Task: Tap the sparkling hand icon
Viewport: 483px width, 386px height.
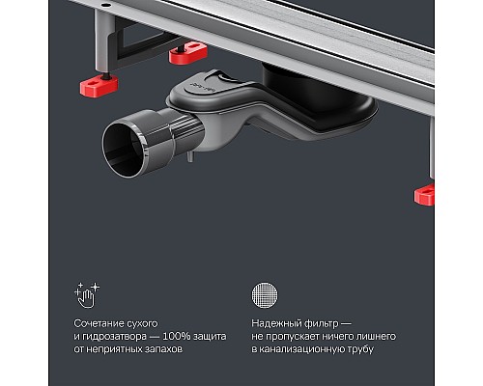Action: click(x=87, y=295)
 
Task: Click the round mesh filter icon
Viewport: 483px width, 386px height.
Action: click(x=265, y=295)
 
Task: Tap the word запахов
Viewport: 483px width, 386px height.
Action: click(x=164, y=349)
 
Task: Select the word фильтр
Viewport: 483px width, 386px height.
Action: click(x=317, y=323)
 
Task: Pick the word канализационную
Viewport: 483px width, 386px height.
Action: click(x=301, y=349)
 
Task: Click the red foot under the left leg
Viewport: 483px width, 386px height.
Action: click(x=99, y=86)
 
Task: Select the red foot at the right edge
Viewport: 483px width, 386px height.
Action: click(x=425, y=194)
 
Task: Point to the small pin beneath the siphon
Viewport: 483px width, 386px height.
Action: click(x=190, y=156)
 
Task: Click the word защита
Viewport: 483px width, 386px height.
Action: click(x=210, y=337)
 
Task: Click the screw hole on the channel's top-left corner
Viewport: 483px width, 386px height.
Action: click(x=105, y=5)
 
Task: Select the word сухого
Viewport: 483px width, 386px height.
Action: click(x=138, y=323)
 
